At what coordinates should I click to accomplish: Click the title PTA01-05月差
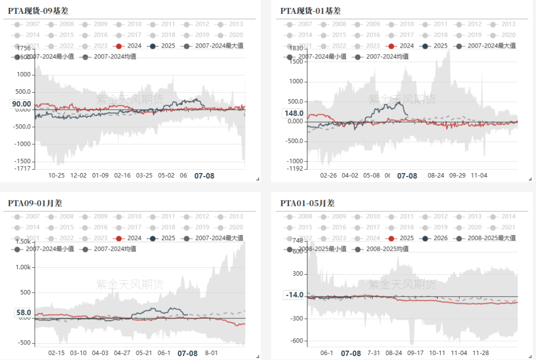(307, 203)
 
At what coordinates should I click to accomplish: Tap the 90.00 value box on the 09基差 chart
(21, 104)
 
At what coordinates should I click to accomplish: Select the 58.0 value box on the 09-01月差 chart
(23, 313)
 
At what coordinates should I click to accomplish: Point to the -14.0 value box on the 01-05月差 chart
(294, 295)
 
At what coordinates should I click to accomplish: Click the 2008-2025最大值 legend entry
(486, 238)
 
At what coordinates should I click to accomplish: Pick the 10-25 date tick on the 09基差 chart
(57, 175)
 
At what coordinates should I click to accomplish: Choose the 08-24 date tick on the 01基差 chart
(435, 175)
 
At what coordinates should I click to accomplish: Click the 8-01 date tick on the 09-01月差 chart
(211, 353)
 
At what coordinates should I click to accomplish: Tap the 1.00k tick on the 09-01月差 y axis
(23, 267)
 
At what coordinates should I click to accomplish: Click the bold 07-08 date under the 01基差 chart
(407, 176)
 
